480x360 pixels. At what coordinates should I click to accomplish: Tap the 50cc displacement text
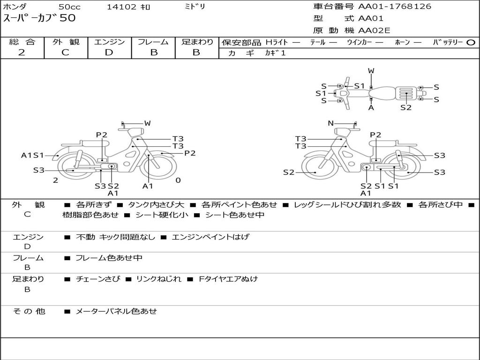click(x=69, y=7)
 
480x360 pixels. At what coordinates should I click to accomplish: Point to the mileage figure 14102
click(x=121, y=7)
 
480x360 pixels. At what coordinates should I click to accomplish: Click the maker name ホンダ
click(x=15, y=7)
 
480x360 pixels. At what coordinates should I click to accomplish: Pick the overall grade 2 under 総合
click(x=22, y=52)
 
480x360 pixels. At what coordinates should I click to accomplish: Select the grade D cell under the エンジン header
click(x=109, y=52)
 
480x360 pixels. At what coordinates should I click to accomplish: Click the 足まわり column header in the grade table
click(x=197, y=42)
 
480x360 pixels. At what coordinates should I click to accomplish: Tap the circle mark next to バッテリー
click(x=471, y=43)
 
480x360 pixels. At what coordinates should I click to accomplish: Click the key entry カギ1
click(x=275, y=53)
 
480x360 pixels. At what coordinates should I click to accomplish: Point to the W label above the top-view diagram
click(x=371, y=71)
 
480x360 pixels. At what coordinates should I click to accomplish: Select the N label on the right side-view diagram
click(x=330, y=123)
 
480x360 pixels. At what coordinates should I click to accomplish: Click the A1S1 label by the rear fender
click(x=32, y=155)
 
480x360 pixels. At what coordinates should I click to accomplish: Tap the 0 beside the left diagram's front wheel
click(x=178, y=180)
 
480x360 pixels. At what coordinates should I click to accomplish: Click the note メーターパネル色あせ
click(x=116, y=311)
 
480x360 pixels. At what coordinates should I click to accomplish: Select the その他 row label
click(x=29, y=311)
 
